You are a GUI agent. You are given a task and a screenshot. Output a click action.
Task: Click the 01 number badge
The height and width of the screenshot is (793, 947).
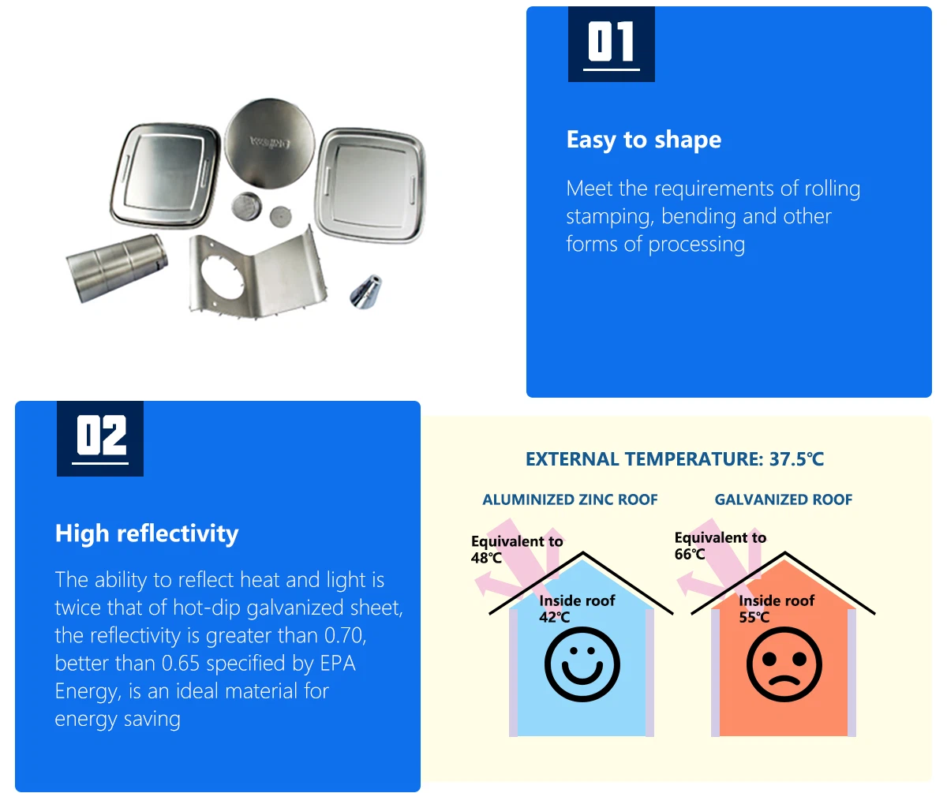tap(611, 44)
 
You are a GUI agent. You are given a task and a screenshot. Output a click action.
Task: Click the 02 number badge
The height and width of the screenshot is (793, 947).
tap(99, 439)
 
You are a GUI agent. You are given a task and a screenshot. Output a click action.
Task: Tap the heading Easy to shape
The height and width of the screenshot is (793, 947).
tap(644, 140)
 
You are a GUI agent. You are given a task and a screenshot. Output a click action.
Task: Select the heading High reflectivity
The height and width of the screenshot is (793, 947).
tap(147, 533)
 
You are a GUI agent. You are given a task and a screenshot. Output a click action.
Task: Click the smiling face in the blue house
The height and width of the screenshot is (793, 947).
tap(582, 664)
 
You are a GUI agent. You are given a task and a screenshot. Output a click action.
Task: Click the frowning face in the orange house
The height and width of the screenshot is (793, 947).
tap(784, 664)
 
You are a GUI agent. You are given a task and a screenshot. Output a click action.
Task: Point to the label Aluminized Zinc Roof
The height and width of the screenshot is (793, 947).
tap(570, 499)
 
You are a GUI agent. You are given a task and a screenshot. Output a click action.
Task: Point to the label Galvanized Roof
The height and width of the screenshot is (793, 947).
tap(784, 499)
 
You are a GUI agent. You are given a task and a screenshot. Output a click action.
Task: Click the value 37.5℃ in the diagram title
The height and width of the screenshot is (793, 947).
tap(796, 459)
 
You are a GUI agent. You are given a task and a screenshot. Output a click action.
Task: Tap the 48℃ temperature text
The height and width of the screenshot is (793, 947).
tap(486, 558)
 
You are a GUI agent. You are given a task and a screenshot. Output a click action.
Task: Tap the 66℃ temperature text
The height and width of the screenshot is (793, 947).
tap(690, 554)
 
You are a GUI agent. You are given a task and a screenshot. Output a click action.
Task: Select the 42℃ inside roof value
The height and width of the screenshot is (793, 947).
tap(554, 617)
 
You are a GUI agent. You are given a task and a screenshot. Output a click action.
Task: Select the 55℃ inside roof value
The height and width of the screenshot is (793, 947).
tap(754, 617)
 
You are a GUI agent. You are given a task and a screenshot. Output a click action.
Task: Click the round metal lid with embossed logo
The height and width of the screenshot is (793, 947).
tap(270, 143)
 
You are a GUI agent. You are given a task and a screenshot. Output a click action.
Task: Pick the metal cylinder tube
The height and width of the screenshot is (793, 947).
tap(117, 267)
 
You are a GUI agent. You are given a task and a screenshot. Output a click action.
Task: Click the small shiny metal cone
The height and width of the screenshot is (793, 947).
tap(366, 291)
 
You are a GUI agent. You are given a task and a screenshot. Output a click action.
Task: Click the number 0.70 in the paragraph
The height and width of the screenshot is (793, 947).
tap(345, 636)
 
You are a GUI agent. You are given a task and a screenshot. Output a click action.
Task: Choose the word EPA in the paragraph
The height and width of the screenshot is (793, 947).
tap(338, 664)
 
